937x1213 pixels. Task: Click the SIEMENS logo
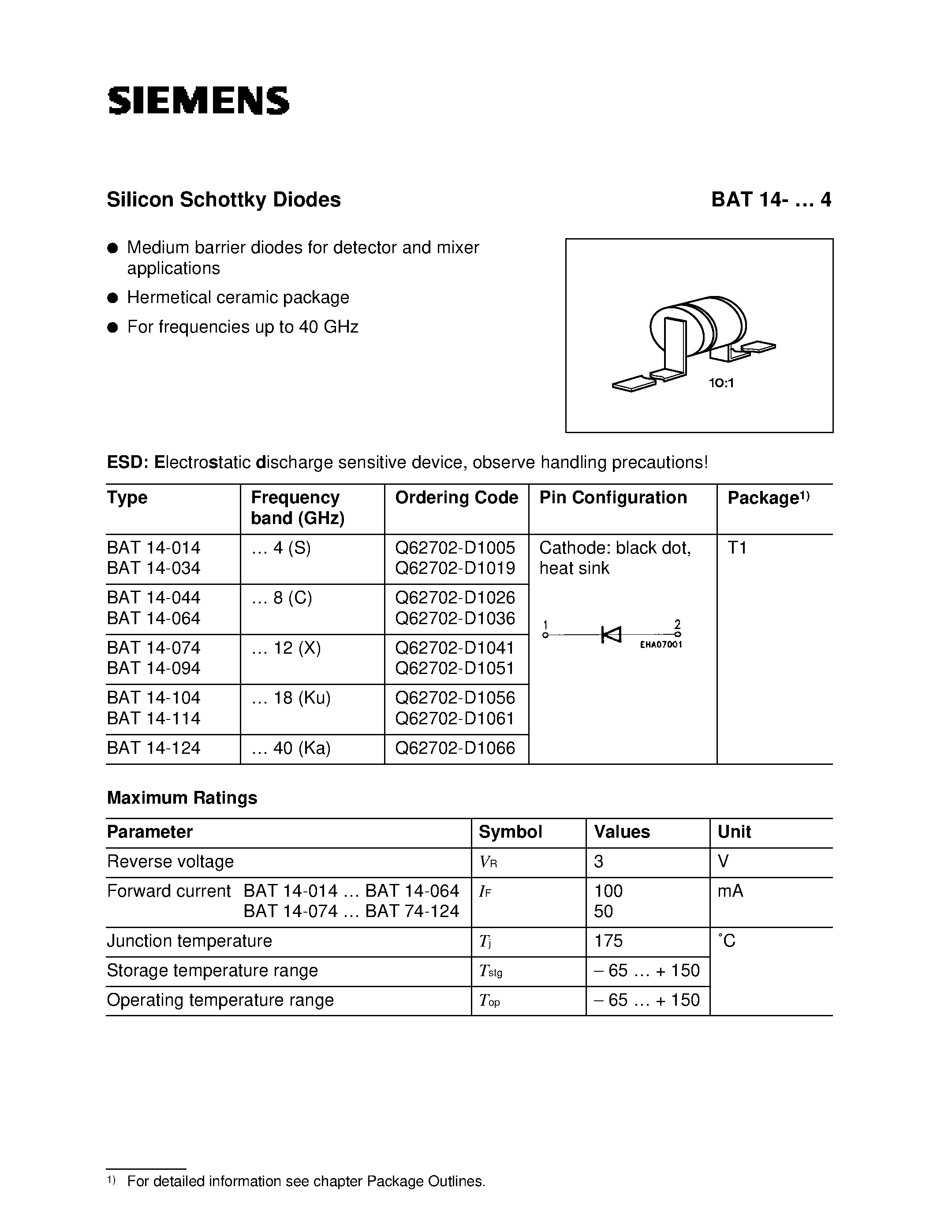198,101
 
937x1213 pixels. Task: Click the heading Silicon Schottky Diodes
223,200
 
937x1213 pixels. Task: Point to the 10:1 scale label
721,383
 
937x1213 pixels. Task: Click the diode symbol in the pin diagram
612,634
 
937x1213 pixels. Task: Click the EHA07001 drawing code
661,645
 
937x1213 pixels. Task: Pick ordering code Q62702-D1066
455,748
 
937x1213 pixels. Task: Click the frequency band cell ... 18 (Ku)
291,698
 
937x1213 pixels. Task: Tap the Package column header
768,498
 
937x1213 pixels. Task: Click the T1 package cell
737,548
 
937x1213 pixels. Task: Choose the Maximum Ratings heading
182,798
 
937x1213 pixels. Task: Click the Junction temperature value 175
608,941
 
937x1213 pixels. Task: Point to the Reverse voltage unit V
723,861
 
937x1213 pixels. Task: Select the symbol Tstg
490,971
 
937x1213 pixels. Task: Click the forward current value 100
608,891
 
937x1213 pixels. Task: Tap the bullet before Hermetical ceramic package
113,298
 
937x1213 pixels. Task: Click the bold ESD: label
127,462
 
